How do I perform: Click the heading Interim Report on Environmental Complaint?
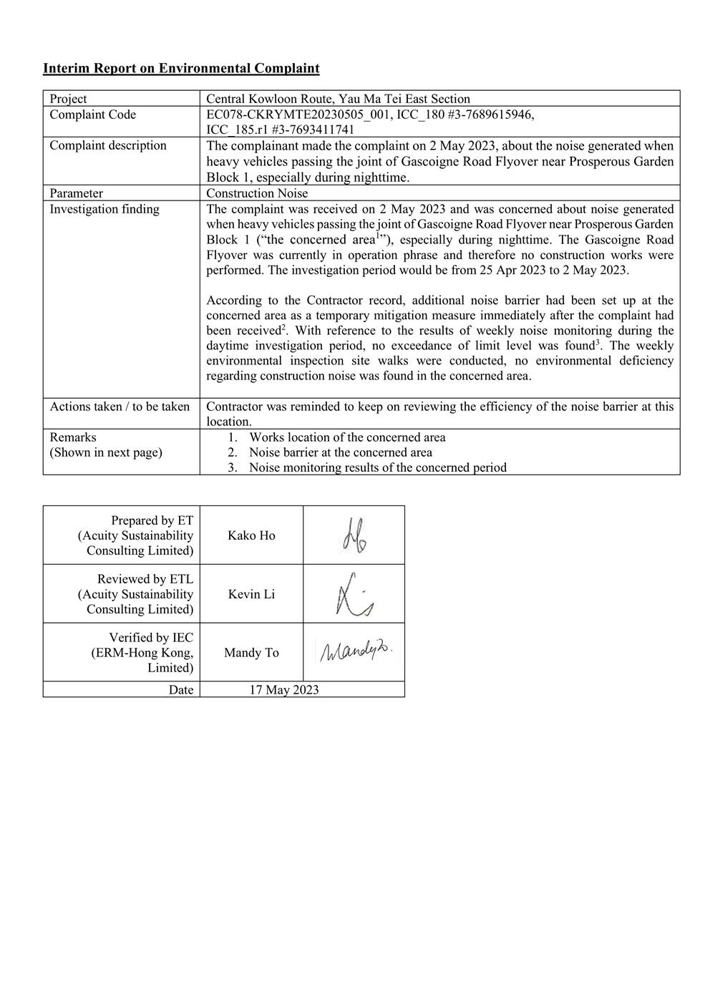181,69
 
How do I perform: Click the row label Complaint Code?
92,115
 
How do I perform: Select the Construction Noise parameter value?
257,193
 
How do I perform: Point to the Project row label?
68,99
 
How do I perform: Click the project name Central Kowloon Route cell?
338,99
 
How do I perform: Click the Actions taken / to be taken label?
120,407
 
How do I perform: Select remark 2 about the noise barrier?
340,452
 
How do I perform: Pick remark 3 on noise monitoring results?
377,467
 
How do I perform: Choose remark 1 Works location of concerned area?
347,437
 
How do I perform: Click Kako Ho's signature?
354,535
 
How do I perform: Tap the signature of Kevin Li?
354,594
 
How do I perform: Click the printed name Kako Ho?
251,535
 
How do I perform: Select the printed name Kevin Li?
251,594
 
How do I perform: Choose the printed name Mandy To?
251,653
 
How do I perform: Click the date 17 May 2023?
284,690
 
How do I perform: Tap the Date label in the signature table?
181,690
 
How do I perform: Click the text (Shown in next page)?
106,452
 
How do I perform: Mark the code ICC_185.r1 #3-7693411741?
280,130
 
